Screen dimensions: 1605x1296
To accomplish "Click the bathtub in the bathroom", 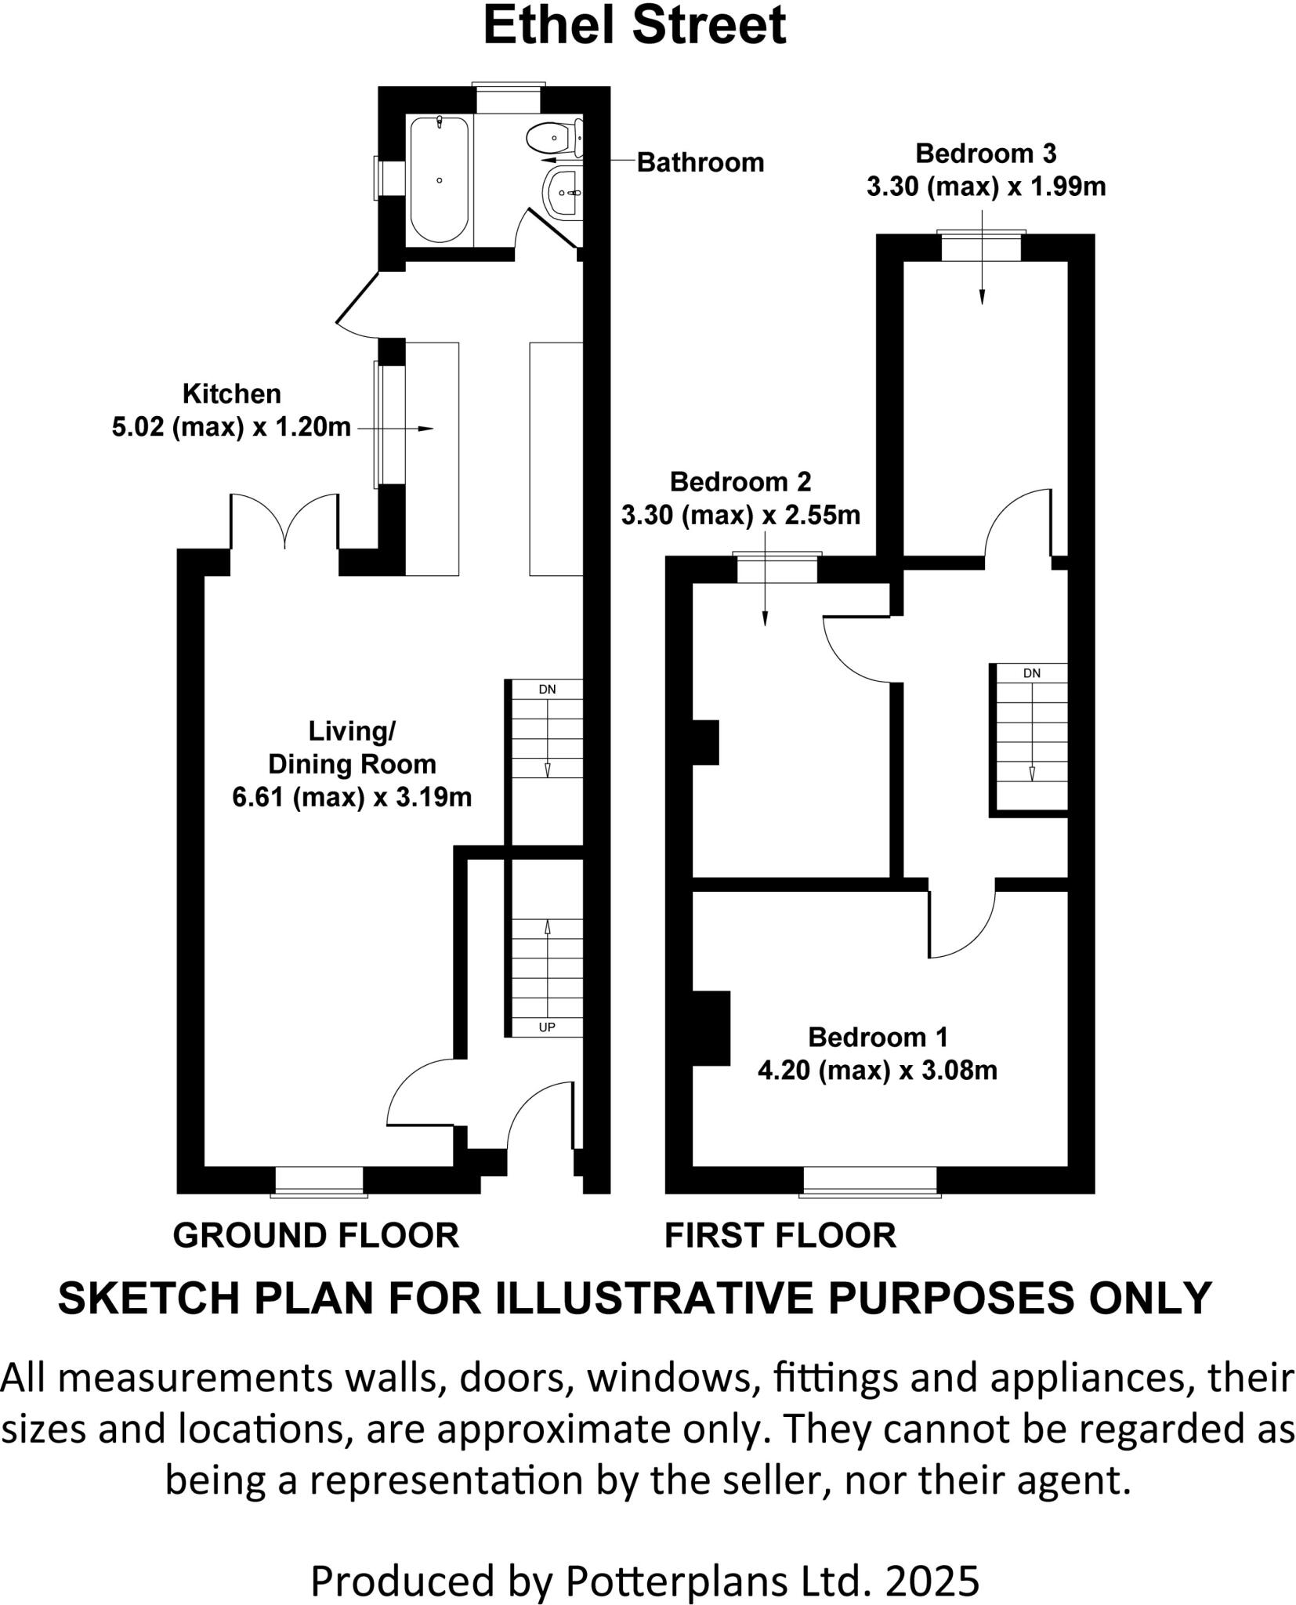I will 440,179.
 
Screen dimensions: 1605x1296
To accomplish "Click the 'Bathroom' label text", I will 700,162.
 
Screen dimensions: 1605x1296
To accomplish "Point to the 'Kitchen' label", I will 231,393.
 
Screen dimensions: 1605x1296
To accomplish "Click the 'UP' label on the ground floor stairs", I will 547,1027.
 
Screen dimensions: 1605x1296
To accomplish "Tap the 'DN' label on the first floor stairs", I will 1031,673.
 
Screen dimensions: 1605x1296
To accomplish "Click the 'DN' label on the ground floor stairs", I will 547,690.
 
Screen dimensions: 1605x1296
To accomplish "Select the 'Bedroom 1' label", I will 878,1038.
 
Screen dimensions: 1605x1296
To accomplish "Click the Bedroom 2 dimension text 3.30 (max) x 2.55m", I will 740,515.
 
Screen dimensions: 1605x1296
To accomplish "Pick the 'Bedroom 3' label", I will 986,154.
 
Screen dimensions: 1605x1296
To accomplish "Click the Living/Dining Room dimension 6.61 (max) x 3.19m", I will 352,798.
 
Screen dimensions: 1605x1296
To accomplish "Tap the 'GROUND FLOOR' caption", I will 316,1236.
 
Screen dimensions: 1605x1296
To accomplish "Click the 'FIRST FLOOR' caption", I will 780,1236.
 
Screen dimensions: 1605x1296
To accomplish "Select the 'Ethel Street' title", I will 634,25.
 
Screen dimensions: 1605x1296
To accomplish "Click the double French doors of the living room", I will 284,521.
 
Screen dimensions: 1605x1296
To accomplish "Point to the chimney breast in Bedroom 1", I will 711,1027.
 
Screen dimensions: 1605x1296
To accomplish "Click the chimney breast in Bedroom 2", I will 705,741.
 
